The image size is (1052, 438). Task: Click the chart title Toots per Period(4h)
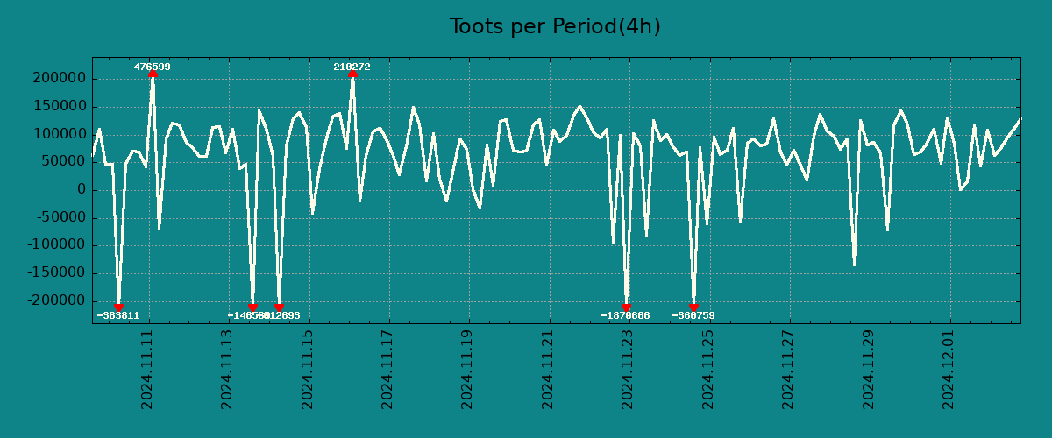coord(555,26)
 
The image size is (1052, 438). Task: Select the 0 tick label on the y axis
coord(81,190)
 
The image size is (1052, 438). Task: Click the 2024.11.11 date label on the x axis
coord(147,369)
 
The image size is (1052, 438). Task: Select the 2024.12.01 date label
coord(949,369)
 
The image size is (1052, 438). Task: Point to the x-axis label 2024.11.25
coord(708,369)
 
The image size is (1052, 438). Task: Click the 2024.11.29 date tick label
coord(869,369)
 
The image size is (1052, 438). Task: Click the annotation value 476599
coord(152,67)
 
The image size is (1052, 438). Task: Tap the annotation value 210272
coord(352,67)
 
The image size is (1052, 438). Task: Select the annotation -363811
coord(117,315)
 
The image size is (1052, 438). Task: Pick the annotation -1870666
coord(625,315)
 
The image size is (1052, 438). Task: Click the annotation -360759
coord(693,315)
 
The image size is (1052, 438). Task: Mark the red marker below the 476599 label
coord(153,74)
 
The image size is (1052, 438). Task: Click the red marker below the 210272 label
coord(352,74)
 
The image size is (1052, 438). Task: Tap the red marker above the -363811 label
coord(118,307)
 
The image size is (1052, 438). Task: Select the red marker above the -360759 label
coord(693,307)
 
